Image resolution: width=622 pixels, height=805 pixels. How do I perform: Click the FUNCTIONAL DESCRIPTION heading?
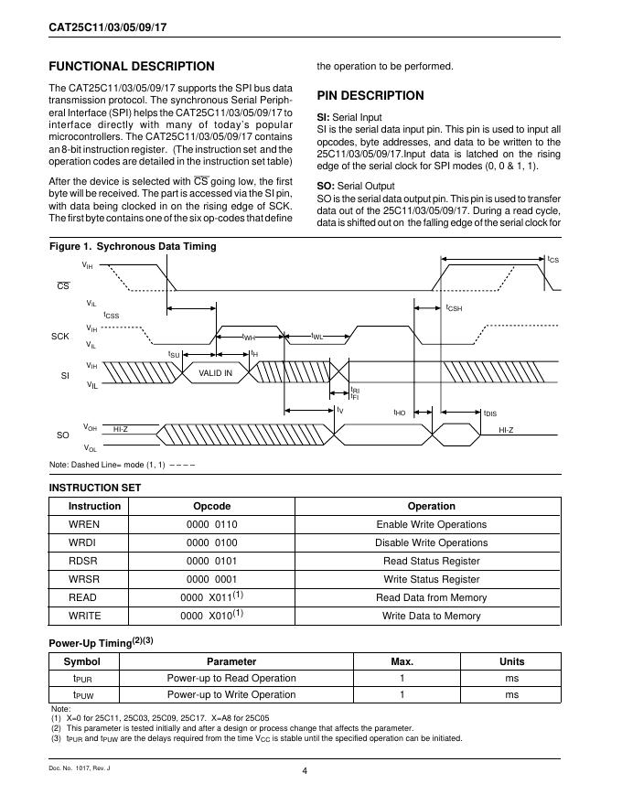tap(131, 66)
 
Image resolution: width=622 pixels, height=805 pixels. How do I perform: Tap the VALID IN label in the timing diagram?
tap(215, 372)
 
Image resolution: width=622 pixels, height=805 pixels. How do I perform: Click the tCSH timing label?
tap(454, 308)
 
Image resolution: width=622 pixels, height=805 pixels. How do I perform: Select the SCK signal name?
tap(59, 337)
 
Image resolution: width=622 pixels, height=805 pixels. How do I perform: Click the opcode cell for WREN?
tap(211, 524)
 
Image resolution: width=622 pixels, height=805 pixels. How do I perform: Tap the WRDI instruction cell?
tap(85, 542)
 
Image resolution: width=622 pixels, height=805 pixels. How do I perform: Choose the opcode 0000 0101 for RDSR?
tap(211, 561)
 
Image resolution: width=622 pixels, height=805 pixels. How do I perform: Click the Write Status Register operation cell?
tap(431, 579)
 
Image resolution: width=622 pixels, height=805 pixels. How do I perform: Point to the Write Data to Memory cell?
tap(431, 616)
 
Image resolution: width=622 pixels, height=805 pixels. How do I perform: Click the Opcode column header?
tap(211, 506)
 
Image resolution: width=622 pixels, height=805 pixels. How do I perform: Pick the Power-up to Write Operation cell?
tap(231, 695)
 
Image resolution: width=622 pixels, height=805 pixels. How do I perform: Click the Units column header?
tap(511, 661)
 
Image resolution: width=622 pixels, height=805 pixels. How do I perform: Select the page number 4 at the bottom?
tap(304, 770)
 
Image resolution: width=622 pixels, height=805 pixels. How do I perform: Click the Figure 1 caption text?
tap(133, 247)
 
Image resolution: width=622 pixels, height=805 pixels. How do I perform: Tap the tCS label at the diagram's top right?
tap(553, 261)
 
